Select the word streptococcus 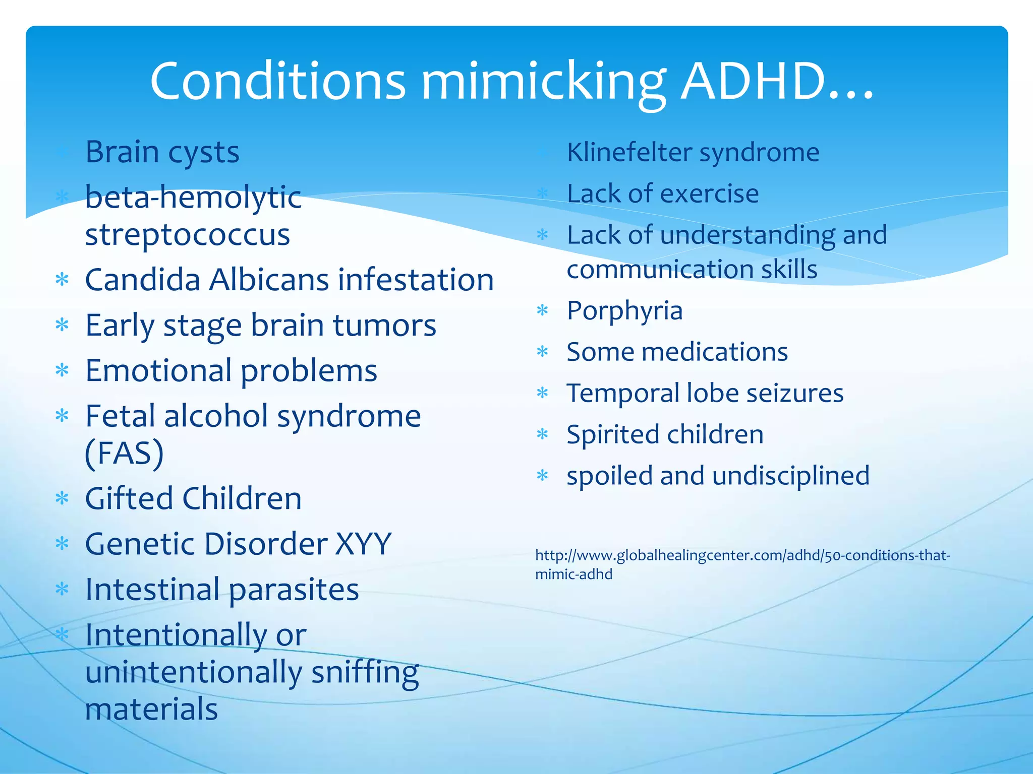click(x=188, y=235)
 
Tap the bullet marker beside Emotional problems click(x=62, y=371)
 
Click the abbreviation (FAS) click(x=124, y=453)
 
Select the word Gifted click(x=129, y=498)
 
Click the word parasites click(x=294, y=590)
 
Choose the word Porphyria click(x=624, y=311)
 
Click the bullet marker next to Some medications click(x=543, y=352)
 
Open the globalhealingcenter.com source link click(x=742, y=556)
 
